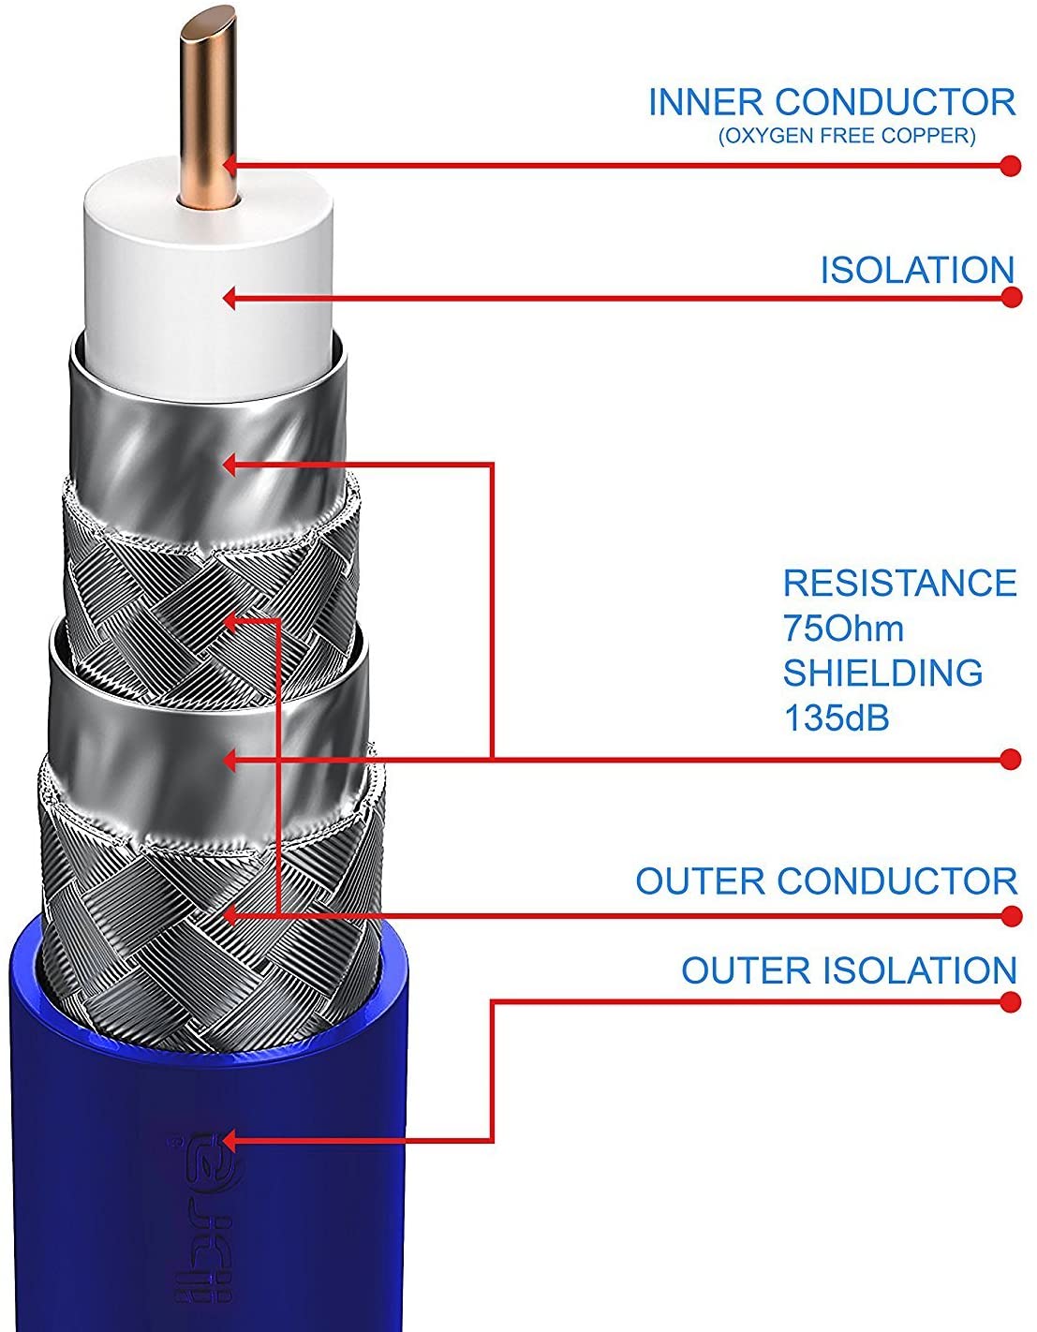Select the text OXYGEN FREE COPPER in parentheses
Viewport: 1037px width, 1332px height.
[x=847, y=137]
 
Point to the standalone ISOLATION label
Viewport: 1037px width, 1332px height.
[x=917, y=270]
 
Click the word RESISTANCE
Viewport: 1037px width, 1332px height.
[x=899, y=583]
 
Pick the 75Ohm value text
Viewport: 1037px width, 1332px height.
[x=843, y=628]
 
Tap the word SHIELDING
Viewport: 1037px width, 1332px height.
[x=882, y=673]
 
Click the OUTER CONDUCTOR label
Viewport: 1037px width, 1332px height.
[x=826, y=881]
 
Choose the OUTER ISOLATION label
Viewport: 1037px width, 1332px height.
[x=849, y=970]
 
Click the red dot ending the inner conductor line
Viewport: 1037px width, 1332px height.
[x=1010, y=166]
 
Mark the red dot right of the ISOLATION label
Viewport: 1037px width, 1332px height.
[x=1010, y=298]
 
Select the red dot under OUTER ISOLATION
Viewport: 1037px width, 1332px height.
[x=1010, y=1002]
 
